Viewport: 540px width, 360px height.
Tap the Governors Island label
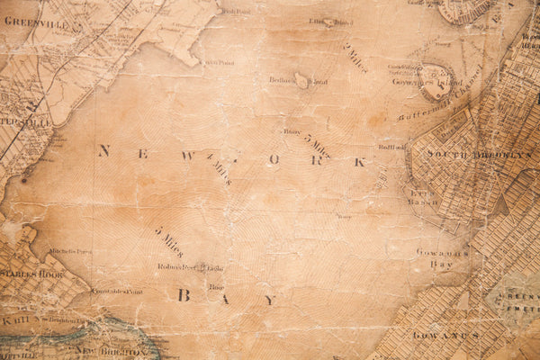tap(410, 81)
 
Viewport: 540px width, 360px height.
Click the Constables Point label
tap(118, 292)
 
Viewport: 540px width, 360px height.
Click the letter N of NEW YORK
tap(103, 151)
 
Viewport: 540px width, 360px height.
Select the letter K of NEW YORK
tap(359, 162)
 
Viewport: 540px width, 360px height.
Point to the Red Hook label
tap(391, 147)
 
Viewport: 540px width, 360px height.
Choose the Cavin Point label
tap(219, 63)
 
